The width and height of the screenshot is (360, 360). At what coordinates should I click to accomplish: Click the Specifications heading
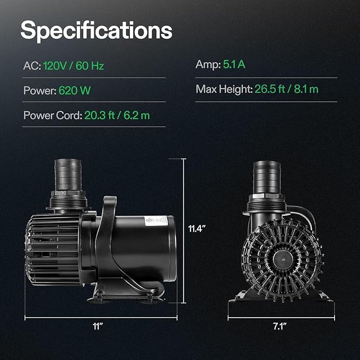96,31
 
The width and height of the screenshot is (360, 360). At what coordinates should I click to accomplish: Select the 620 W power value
74,91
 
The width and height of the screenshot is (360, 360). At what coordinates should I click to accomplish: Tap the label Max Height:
223,89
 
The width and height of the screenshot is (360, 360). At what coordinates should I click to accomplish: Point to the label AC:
31,66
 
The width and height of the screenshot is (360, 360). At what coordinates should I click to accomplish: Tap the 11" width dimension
97,327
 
